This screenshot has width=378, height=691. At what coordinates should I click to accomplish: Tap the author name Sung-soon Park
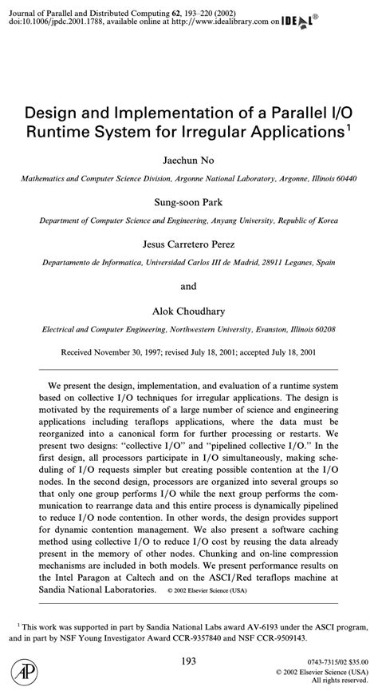[x=188, y=201]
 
